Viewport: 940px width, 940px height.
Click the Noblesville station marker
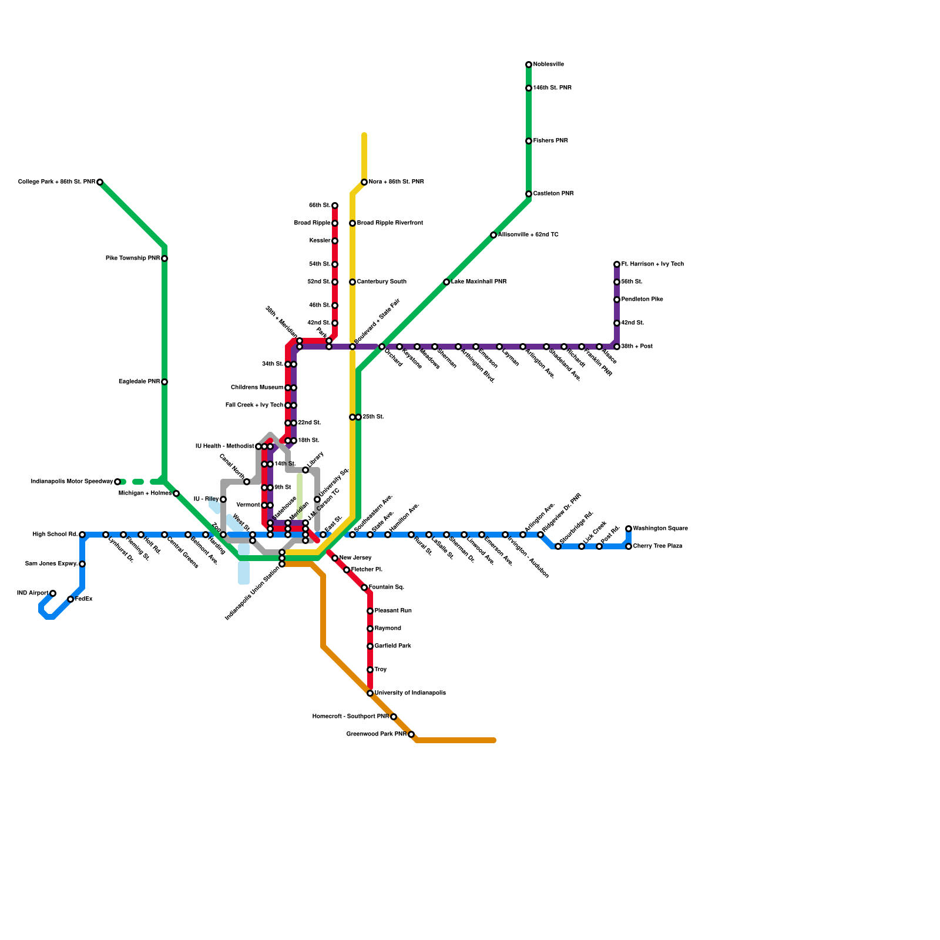(529, 65)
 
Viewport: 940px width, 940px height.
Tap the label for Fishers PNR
(550, 141)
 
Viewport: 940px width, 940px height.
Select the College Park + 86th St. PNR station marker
(100, 182)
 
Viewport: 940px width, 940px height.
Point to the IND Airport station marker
(53, 593)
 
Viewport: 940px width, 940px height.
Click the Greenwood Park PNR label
(376, 734)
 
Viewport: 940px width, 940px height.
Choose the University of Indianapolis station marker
(370, 693)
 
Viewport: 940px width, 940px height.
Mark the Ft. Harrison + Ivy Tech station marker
(617, 264)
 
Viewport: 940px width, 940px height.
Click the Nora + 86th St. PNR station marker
(364, 182)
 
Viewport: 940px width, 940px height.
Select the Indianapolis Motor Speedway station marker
(117, 482)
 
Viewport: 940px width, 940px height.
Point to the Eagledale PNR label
(139, 382)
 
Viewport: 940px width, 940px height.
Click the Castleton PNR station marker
(529, 194)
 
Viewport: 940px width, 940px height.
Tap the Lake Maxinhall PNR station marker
(446, 282)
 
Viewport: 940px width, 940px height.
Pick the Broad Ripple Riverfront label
(390, 223)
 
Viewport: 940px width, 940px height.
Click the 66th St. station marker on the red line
(335, 206)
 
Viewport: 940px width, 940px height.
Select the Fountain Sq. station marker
(364, 587)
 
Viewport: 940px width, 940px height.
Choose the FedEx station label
(84, 599)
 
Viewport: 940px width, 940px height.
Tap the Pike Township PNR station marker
(164, 258)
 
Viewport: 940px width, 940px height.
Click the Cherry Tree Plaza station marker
(629, 546)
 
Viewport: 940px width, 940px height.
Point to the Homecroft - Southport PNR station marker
(394, 717)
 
